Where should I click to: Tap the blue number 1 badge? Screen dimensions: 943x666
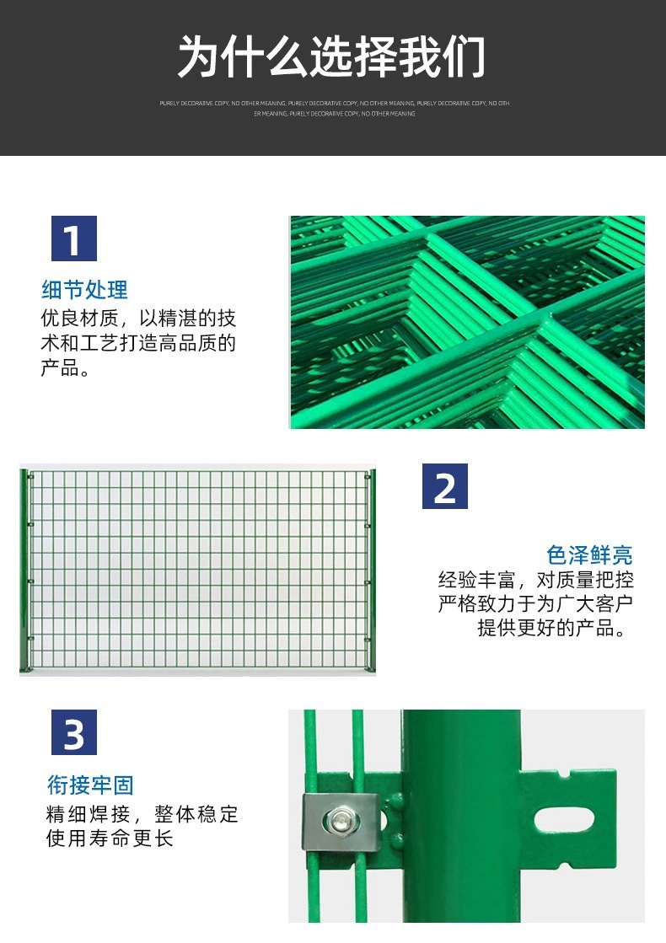74,238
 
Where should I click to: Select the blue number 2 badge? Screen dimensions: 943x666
444,486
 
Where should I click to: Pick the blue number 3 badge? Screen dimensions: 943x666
74,732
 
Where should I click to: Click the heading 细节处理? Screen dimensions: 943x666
85,290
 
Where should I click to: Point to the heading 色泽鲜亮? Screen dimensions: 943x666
589,555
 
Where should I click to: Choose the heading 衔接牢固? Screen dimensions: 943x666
90,785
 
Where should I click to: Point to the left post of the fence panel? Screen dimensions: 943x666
24,571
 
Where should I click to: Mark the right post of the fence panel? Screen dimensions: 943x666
371,571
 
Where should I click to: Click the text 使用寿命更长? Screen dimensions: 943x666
110,839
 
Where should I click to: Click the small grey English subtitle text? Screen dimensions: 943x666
334,108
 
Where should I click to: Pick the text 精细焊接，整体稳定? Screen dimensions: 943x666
142,814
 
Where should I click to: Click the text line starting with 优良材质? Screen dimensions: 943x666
138,319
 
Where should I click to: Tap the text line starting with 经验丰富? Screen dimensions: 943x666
535,580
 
